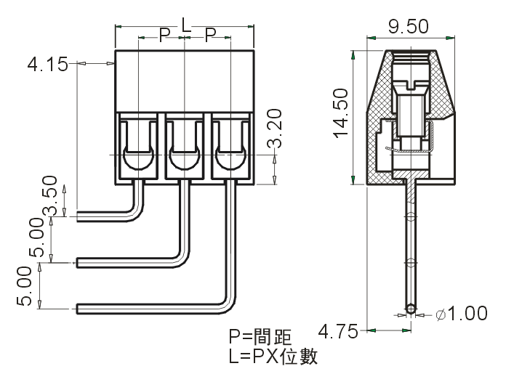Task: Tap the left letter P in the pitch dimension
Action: (x=164, y=35)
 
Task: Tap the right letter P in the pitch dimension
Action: (x=210, y=35)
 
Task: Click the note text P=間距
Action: (x=260, y=337)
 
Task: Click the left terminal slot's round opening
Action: (x=137, y=158)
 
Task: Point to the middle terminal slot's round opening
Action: (x=185, y=158)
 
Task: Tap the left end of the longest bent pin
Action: (x=79, y=309)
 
